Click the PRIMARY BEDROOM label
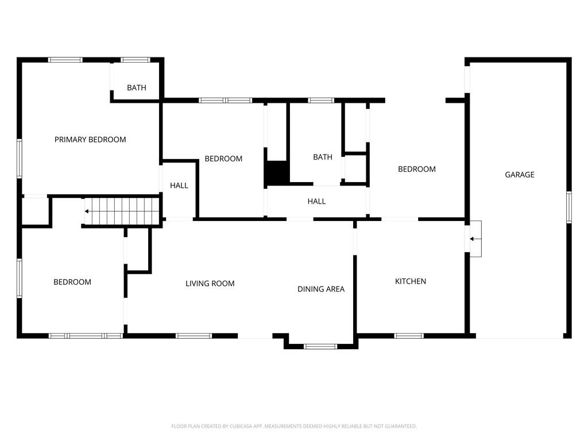tap(90, 140)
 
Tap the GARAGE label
tap(519, 175)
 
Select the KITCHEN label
tap(410, 281)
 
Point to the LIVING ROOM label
tap(210, 284)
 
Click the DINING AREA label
tap(320, 289)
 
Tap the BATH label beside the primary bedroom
tap(137, 88)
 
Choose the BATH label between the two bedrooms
tap(323, 157)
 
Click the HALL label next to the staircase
tap(179, 185)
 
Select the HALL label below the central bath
tap(316, 202)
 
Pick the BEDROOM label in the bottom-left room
tap(72, 282)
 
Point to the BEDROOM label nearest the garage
tap(417, 169)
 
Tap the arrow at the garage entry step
tap(475, 239)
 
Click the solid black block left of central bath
tap(277, 172)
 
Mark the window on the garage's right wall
tap(569, 207)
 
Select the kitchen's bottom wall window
tap(409, 336)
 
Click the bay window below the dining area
tap(320, 346)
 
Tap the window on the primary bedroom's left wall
tap(20, 158)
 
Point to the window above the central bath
tap(321, 100)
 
